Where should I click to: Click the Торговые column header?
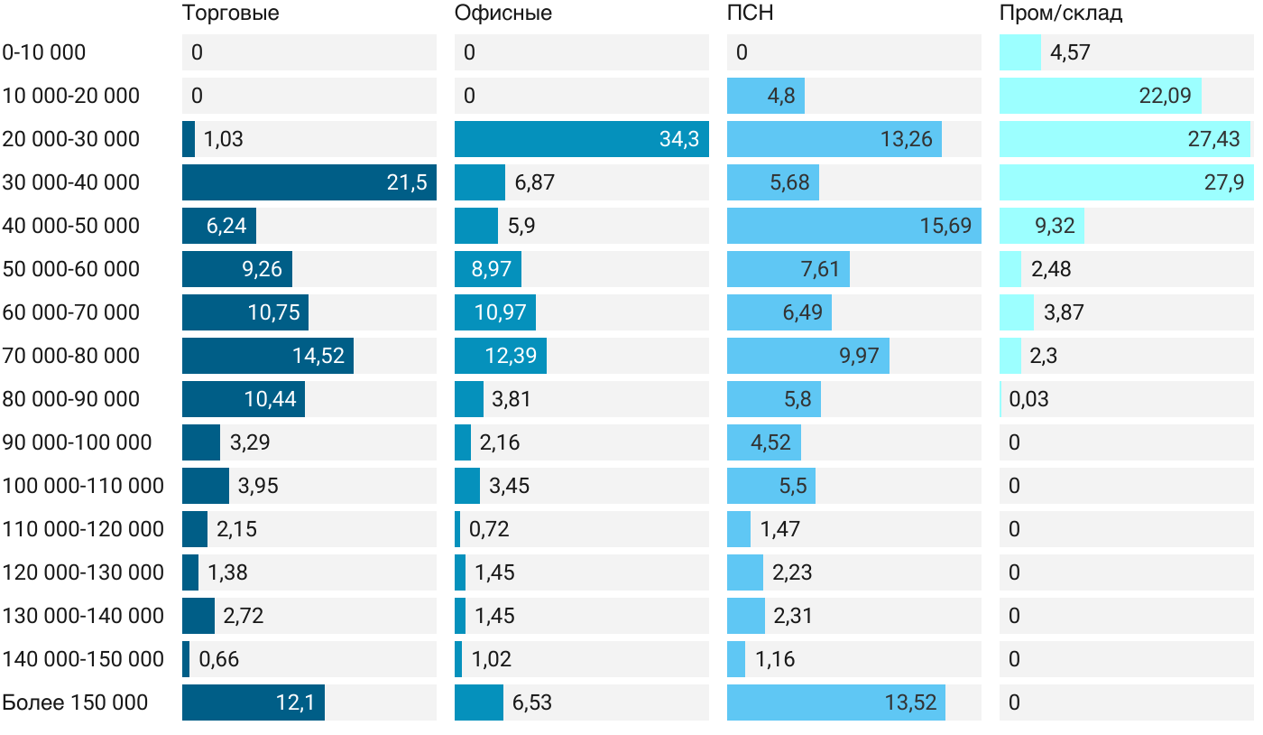(x=230, y=14)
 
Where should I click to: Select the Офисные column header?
(x=502, y=14)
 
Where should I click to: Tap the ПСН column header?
(x=750, y=14)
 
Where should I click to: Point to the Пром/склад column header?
(x=1060, y=14)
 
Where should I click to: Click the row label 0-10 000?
(x=44, y=52)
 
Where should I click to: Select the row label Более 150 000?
(x=75, y=702)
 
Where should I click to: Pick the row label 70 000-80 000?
(x=71, y=356)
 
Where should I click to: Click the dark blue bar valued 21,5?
(x=309, y=182)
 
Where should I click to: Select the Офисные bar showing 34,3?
(x=581, y=139)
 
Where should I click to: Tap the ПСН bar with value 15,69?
(x=853, y=226)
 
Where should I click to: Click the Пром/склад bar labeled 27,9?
(x=1126, y=182)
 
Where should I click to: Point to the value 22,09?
(x=1165, y=96)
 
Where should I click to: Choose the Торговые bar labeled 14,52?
(x=267, y=356)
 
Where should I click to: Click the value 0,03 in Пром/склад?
(x=1028, y=399)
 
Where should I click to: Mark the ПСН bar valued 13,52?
(x=835, y=702)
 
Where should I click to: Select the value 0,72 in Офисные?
(x=489, y=529)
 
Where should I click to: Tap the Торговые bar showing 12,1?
(x=253, y=702)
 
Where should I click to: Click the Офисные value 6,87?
(x=534, y=182)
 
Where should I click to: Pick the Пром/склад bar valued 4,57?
(x=1019, y=52)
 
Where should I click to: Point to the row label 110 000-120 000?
(x=83, y=529)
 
